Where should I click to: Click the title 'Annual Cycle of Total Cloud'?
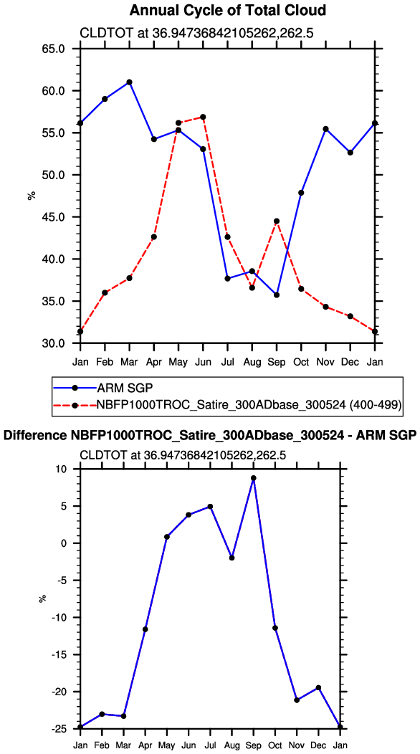click(228, 10)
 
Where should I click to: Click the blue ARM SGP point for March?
click(130, 82)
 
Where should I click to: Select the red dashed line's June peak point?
click(203, 117)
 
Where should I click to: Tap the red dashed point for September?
click(277, 221)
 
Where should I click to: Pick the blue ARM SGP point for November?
click(325, 129)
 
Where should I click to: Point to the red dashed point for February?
click(105, 292)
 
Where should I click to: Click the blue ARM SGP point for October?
click(301, 193)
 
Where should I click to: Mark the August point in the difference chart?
click(232, 558)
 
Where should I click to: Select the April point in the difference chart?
click(145, 629)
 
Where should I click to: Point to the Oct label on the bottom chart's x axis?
click(275, 746)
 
